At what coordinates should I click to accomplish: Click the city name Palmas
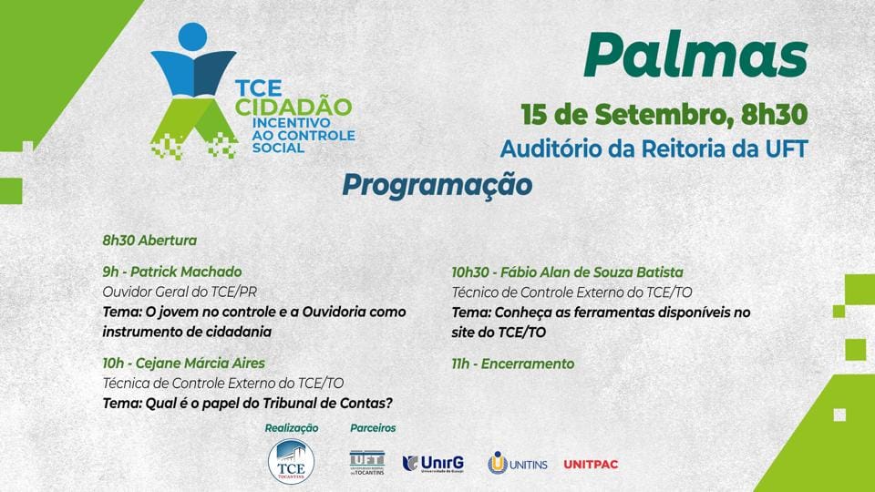click(695, 56)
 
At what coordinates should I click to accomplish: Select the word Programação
click(437, 186)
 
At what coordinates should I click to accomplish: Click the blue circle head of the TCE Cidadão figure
click(193, 36)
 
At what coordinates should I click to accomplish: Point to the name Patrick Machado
click(186, 272)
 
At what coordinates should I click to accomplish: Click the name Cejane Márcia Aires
click(201, 364)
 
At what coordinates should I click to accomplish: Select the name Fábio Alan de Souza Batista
click(592, 272)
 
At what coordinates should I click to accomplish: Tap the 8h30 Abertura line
click(149, 241)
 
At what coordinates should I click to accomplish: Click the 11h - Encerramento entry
click(513, 364)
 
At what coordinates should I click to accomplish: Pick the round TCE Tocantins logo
click(291, 461)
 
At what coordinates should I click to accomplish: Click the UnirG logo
click(433, 464)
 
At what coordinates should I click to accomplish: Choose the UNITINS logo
click(518, 464)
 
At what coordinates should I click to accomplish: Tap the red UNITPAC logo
click(591, 464)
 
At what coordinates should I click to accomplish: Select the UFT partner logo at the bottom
click(366, 463)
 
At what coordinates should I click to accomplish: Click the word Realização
click(292, 428)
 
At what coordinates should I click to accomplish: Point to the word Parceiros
click(373, 428)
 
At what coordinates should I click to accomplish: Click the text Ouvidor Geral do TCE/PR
click(180, 292)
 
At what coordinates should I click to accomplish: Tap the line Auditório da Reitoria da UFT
click(654, 149)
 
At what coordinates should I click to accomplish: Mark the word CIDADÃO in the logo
click(293, 108)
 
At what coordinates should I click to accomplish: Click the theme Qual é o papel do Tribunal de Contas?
click(248, 404)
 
